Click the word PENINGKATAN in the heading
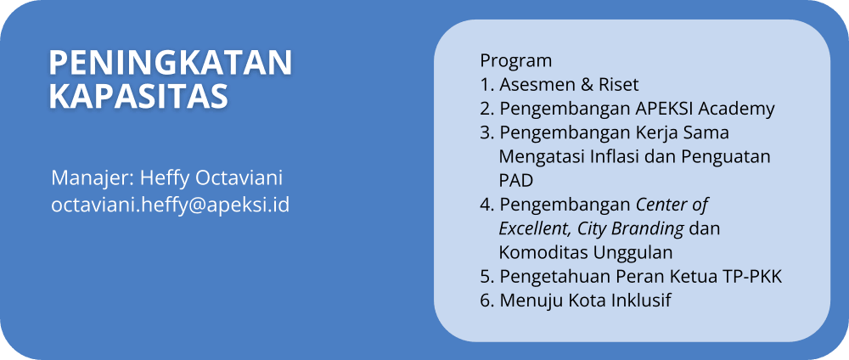171,63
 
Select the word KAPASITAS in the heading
138,96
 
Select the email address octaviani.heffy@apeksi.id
171,205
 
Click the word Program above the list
516,61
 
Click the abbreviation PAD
516,180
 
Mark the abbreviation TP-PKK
753,277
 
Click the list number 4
485,205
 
